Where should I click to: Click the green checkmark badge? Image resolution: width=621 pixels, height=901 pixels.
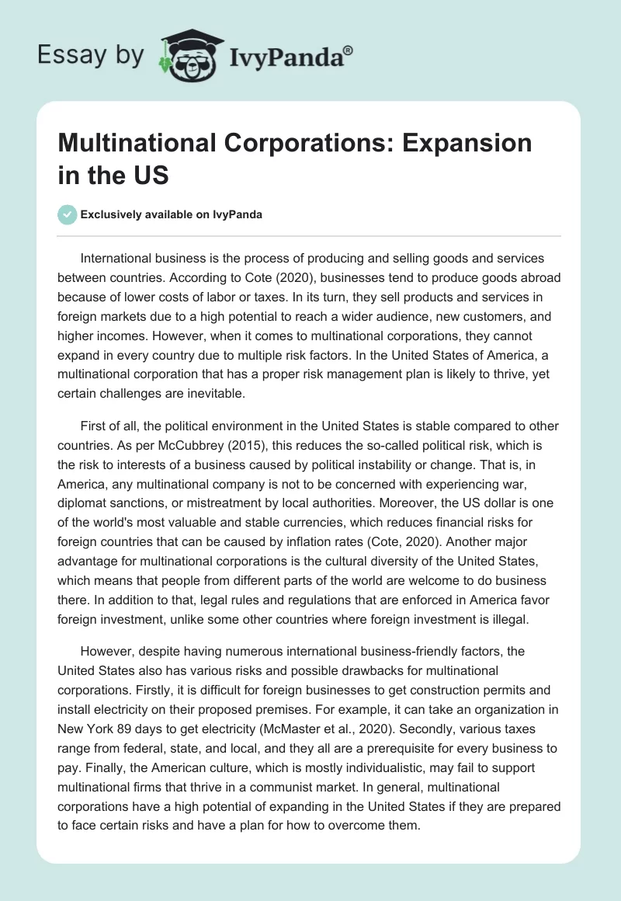[x=68, y=214]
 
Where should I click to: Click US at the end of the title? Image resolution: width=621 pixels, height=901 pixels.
[x=150, y=175]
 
